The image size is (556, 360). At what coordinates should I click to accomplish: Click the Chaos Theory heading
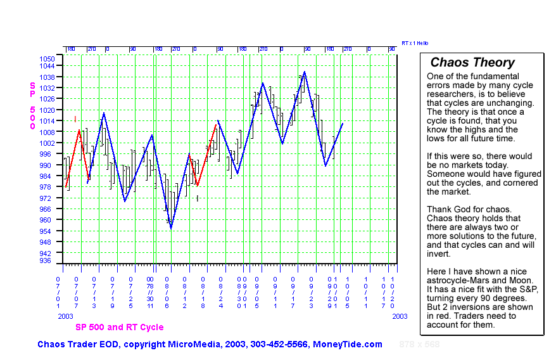[x=472, y=63]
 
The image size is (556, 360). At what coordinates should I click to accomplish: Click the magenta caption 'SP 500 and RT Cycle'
[x=119, y=328]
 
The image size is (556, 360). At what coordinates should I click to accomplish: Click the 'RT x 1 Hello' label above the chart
[x=415, y=43]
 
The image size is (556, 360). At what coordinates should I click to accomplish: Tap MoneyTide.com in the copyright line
[x=348, y=344]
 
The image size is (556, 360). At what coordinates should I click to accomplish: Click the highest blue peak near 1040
[x=305, y=72]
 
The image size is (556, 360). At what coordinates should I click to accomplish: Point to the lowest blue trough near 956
[x=171, y=228]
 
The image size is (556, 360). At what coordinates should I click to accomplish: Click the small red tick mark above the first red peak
[x=75, y=118]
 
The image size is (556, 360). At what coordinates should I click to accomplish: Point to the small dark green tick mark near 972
[x=198, y=198]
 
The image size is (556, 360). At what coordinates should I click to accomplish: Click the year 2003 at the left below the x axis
[x=66, y=316]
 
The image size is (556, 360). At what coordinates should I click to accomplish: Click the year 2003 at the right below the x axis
[x=399, y=316]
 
